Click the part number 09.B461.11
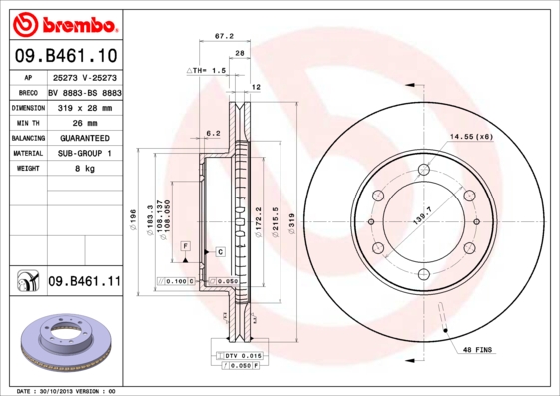tap(84, 282)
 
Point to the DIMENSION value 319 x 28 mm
tap(83, 107)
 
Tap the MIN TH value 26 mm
tap(71, 122)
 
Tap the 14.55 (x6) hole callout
tap(470, 136)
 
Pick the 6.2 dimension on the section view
tap(212, 133)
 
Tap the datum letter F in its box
tap(185, 244)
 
